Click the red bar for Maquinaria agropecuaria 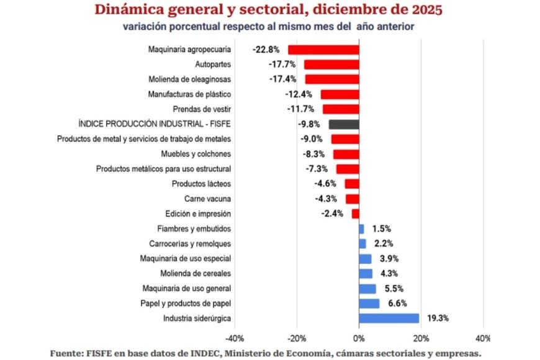(x=323, y=50)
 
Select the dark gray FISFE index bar (x=344, y=124)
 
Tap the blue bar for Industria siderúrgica (x=389, y=318)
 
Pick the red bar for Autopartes (x=331, y=65)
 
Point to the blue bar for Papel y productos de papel (x=369, y=304)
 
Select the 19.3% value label (x=438, y=318)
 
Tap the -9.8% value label (x=310, y=124)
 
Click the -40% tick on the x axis (x=235, y=339)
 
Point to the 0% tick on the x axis (x=359, y=339)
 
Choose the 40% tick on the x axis (x=482, y=339)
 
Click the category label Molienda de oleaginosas (x=189, y=79)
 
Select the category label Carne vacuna (x=207, y=199)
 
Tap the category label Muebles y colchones (x=196, y=154)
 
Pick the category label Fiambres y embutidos (x=195, y=229)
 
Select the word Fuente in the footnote (x=69, y=353)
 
